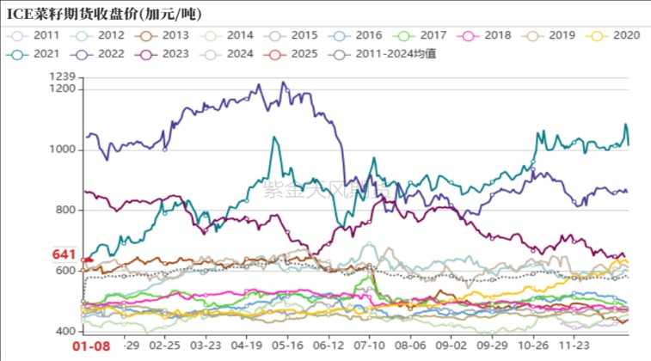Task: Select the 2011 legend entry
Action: coord(38,35)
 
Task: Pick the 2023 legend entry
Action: coord(166,53)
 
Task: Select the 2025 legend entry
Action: coord(295,53)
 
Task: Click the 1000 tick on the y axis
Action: coord(63,150)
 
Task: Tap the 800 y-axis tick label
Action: coord(65,210)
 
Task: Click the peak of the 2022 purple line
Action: coord(284,83)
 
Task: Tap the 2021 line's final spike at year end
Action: coord(625,125)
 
